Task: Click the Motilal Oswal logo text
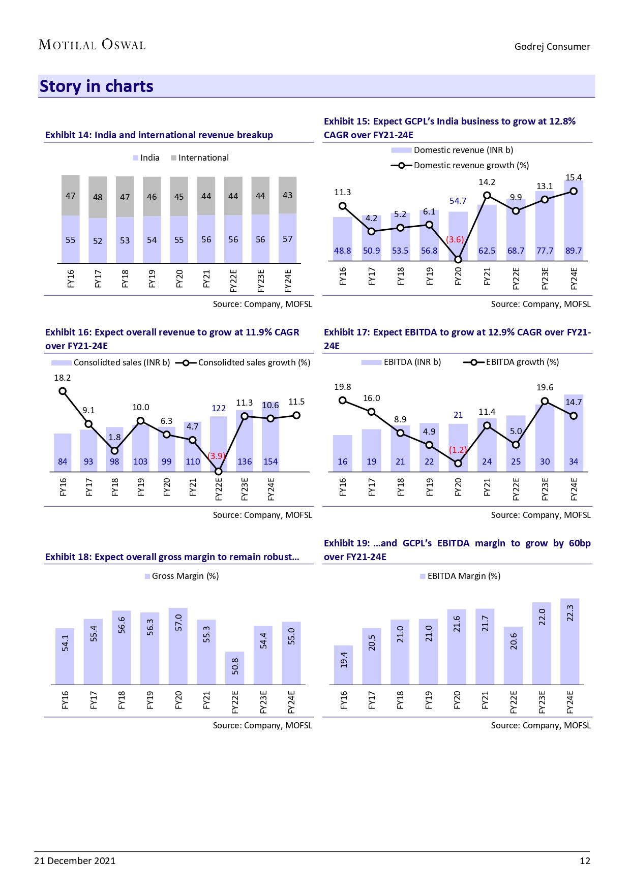92,45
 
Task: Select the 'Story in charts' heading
97,86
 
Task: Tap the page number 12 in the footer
585,860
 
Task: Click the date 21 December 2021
75,860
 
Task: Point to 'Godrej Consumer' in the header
552,47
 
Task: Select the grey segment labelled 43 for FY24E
288,195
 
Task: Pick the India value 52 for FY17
98,241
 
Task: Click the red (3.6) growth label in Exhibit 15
455,239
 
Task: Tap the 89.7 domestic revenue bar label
574,251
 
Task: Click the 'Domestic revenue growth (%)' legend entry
471,165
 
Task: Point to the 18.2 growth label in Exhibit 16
63,378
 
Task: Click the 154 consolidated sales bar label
271,462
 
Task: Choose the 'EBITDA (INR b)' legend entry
412,362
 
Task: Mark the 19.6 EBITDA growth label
545,387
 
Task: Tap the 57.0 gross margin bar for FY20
178,645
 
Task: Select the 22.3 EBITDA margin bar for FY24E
569,641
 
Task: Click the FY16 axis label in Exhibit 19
344,700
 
